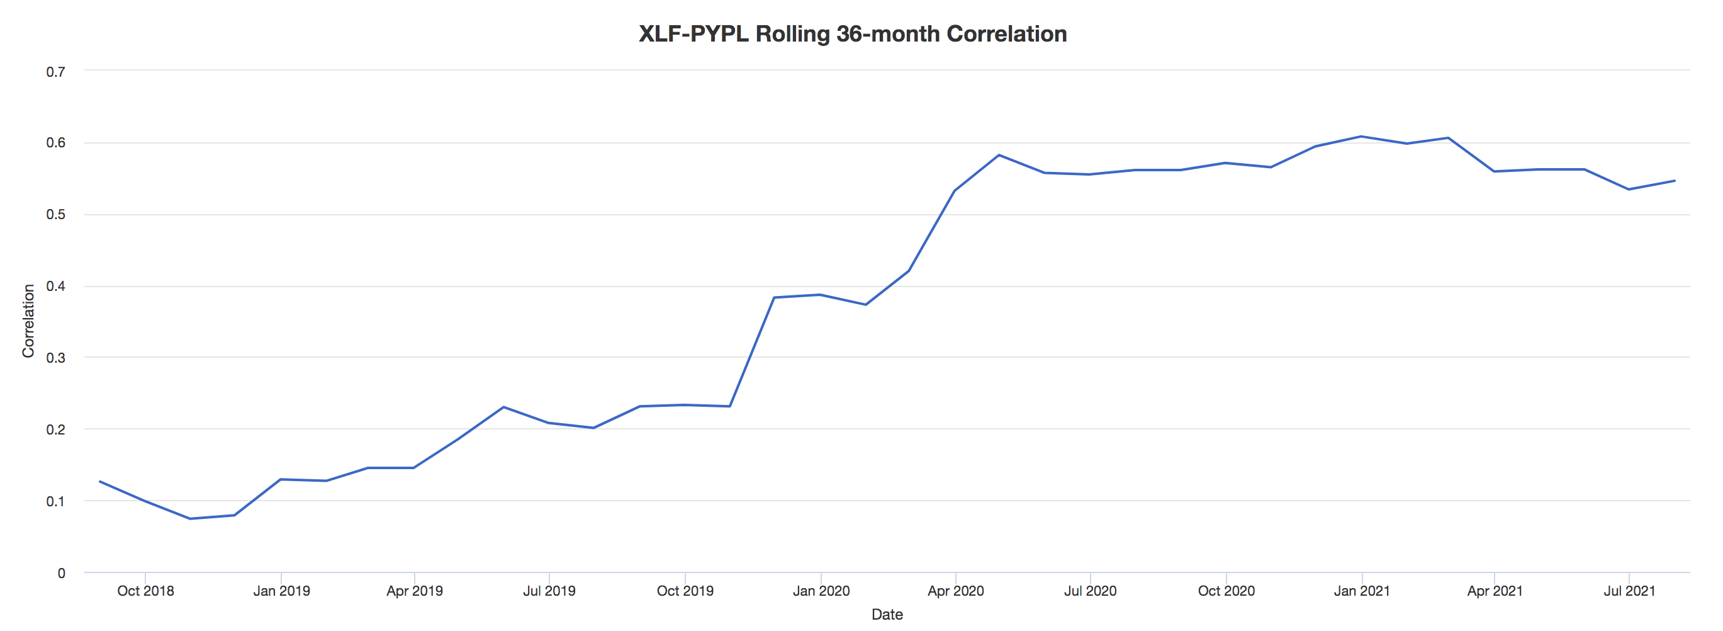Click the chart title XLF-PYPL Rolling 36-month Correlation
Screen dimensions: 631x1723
tap(852, 33)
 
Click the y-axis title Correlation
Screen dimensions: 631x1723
tap(28, 321)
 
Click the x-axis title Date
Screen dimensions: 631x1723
tap(886, 614)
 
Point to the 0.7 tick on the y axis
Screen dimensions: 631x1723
tap(55, 72)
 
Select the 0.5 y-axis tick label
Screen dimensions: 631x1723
tap(55, 214)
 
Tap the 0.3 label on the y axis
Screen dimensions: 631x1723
tap(55, 357)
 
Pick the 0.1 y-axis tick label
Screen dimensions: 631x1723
tap(55, 501)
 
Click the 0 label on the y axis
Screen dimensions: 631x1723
tap(62, 573)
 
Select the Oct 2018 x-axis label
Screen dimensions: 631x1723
tap(145, 591)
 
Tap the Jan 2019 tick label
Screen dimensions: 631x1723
tap(281, 591)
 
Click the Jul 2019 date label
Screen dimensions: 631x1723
tap(549, 591)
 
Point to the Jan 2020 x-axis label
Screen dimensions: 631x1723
tap(821, 591)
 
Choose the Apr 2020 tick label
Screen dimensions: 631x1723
tap(955, 591)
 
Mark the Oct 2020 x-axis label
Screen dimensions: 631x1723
tap(1226, 591)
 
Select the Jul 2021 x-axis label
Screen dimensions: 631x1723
tap(1629, 591)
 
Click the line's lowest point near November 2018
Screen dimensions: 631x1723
tap(190, 518)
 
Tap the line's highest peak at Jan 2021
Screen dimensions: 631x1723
tap(1361, 137)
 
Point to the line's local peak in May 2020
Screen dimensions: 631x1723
tap(999, 156)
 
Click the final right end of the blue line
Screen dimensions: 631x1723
tap(1674, 181)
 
